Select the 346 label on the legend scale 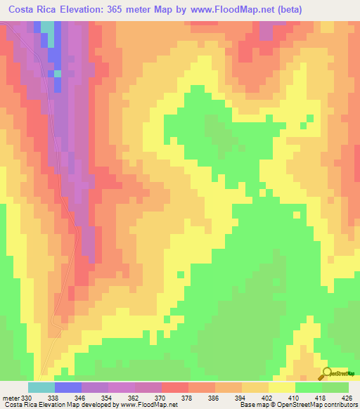82,398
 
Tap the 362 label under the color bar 135,398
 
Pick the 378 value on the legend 188,398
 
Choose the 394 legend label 242,398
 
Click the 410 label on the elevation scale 295,398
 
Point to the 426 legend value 348,398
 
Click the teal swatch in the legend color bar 41,387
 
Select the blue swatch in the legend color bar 68,387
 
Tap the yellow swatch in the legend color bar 282,387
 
